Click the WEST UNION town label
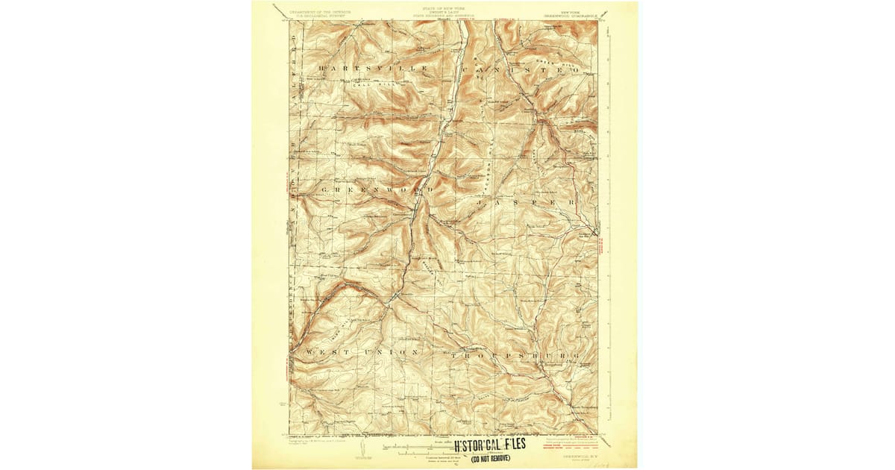click(358, 351)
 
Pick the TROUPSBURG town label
click(515, 357)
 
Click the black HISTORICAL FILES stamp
click(489, 445)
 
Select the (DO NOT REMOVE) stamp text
click(490, 457)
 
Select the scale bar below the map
click(418, 446)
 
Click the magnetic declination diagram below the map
click(360, 448)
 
